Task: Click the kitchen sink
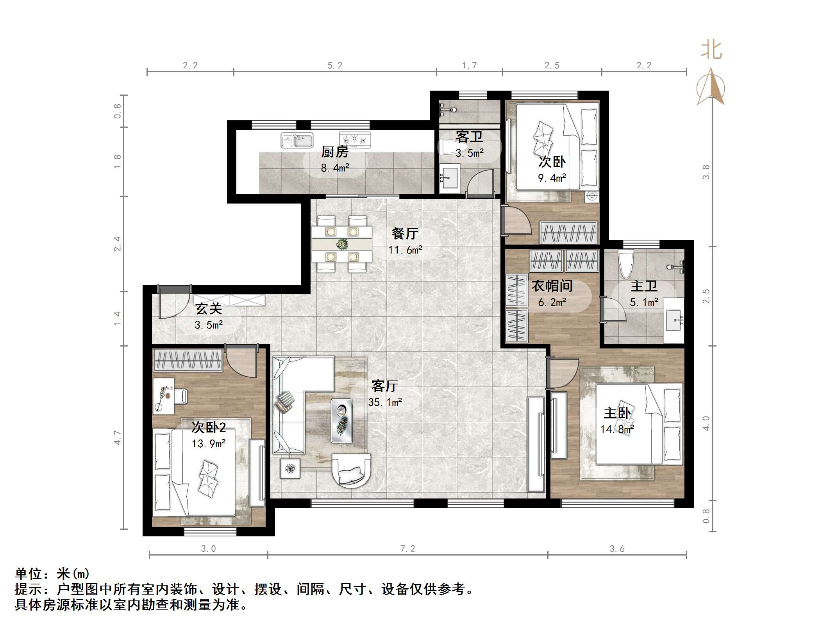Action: coord(297,140)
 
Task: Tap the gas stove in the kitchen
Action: coord(355,139)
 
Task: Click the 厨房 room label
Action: coord(335,152)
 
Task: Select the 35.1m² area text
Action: coord(385,402)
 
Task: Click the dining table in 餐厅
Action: coord(342,244)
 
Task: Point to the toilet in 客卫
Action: coord(449,148)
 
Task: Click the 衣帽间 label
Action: coord(552,286)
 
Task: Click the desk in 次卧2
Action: coord(164,395)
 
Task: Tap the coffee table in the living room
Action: coord(342,421)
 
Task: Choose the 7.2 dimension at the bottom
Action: coord(407,548)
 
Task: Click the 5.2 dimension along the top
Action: coord(335,65)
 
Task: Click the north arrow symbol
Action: coord(711,88)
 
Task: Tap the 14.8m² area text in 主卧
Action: coord(617,429)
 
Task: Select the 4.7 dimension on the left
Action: coord(117,437)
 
